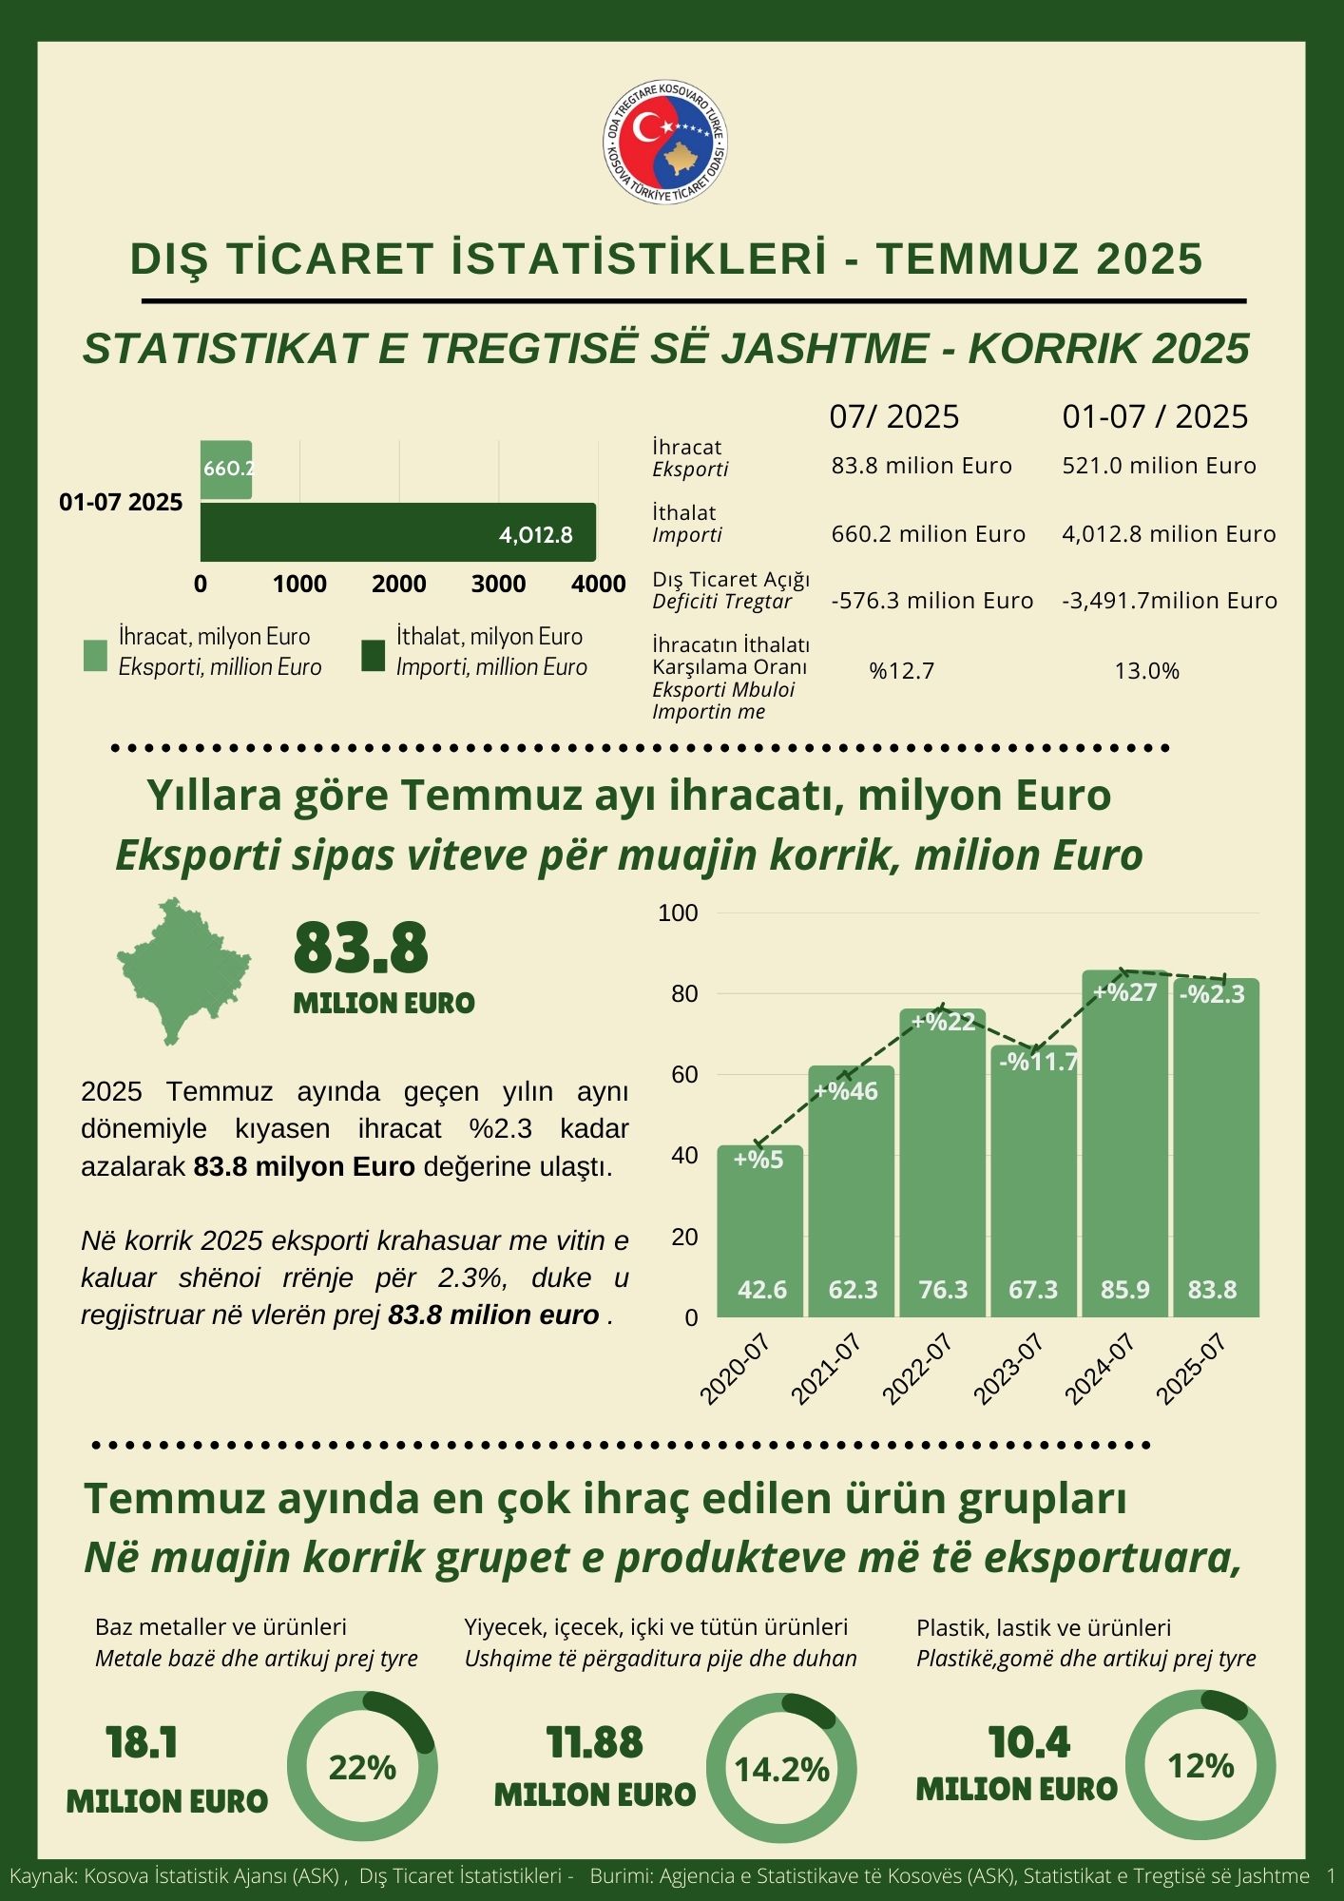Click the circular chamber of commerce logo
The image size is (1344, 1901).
[667, 141]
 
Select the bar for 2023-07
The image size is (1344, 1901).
[1033, 1188]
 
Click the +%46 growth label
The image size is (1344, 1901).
[846, 1090]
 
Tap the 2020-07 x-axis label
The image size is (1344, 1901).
[735, 1368]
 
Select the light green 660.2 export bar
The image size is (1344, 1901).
[226, 470]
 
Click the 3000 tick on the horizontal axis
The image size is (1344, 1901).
[498, 584]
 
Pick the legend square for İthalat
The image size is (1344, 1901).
[374, 656]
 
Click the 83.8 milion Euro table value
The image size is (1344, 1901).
[921, 466]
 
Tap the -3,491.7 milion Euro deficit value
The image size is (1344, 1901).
[1169, 601]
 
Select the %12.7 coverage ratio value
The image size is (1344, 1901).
[901, 671]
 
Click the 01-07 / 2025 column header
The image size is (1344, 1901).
[1155, 416]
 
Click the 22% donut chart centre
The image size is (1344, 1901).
[362, 1767]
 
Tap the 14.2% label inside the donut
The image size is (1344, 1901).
[782, 1769]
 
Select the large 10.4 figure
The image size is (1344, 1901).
[1028, 1742]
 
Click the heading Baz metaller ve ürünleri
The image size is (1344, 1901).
[221, 1627]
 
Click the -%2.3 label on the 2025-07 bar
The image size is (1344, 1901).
[1212, 994]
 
